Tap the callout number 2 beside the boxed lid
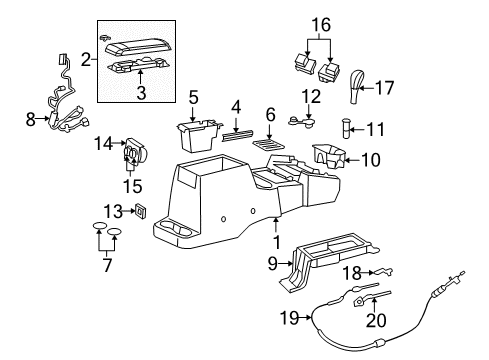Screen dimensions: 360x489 [x=86, y=59]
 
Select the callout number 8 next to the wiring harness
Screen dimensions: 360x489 [x=29, y=119]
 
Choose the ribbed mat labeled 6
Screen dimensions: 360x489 [x=267, y=143]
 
